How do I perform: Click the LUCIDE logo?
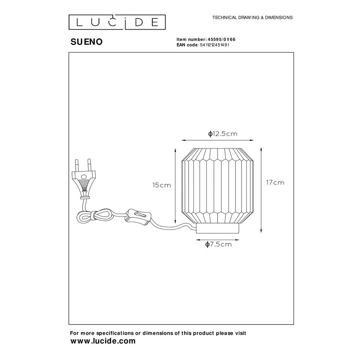pos(117,22)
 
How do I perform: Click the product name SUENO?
pos(86,42)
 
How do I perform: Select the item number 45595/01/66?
pos(222,39)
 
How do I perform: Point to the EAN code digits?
pos(214,45)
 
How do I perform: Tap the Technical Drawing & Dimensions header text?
pos(252,18)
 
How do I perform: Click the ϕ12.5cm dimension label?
pos(223,133)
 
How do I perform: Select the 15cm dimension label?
pos(162,185)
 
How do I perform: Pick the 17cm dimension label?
pos(275,183)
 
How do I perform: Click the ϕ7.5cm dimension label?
pos(218,244)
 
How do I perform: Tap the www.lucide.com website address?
pos(103,341)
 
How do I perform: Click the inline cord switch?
pos(138,216)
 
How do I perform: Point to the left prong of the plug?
pos(77,165)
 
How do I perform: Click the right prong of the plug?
pos(89,165)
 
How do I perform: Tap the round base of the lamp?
pos(217,228)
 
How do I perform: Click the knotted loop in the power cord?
pos(94,216)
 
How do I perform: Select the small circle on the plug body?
pos(84,177)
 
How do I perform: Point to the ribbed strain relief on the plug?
pos(85,185)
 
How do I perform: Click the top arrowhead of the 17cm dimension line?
pos(261,150)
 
